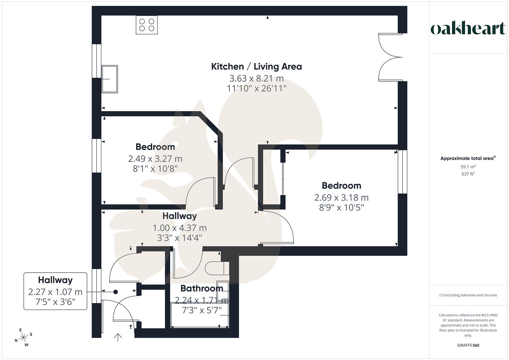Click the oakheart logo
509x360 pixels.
(468, 29)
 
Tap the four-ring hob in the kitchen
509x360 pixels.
(147, 25)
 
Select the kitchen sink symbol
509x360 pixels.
(110, 79)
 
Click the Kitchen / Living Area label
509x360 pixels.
(256, 66)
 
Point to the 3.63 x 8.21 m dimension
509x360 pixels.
(256, 78)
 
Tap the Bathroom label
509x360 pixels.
(202, 288)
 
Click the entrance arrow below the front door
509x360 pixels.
(118, 337)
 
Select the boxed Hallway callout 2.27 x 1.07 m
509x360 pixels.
(55, 291)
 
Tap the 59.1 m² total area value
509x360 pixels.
(468, 167)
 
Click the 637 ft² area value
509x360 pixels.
(468, 174)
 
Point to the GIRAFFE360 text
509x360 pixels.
(468, 345)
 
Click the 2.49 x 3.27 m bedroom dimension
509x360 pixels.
(155, 159)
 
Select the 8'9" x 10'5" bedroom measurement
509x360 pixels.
(341, 208)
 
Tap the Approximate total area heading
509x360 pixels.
(468, 158)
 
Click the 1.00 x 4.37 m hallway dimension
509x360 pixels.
(180, 228)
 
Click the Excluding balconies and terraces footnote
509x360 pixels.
(468, 295)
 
